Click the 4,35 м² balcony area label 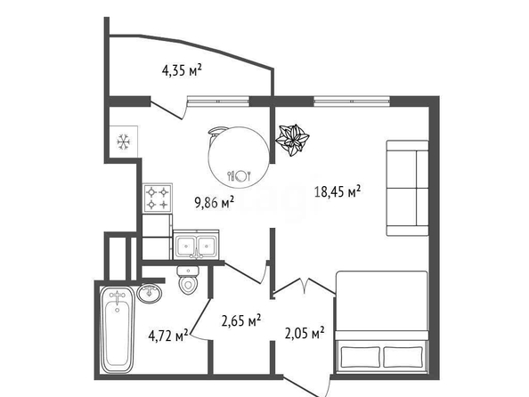[x=182, y=70]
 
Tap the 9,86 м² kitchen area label [x=214, y=203]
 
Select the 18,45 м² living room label [x=338, y=191]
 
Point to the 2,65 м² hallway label [x=240, y=320]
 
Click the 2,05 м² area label [x=305, y=333]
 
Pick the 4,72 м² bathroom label [x=168, y=336]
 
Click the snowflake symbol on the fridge [x=124, y=142]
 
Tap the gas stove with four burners [x=158, y=198]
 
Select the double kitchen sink [x=196, y=245]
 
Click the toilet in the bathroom [x=188, y=280]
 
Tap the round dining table [x=240, y=158]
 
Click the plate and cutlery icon [x=240, y=175]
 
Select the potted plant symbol [x=292, y=140]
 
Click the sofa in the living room [x=407, y=188]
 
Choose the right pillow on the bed [x=403, y=357]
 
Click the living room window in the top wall [x=352, y=101]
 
